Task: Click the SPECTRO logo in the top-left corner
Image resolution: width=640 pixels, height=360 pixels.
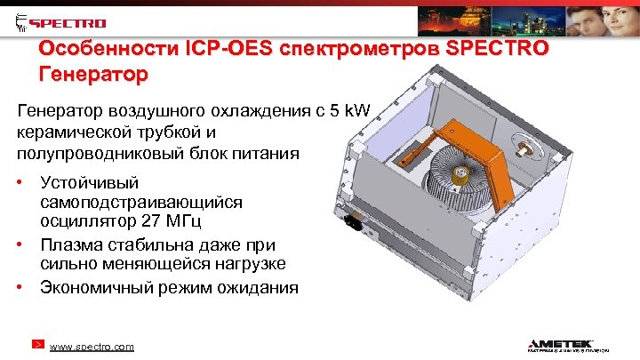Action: pos(61,21)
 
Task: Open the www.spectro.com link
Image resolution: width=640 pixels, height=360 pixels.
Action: pos(92,346)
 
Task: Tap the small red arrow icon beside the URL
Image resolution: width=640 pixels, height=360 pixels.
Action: pos(37,343)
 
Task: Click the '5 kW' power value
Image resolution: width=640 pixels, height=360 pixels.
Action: pos(357,111)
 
